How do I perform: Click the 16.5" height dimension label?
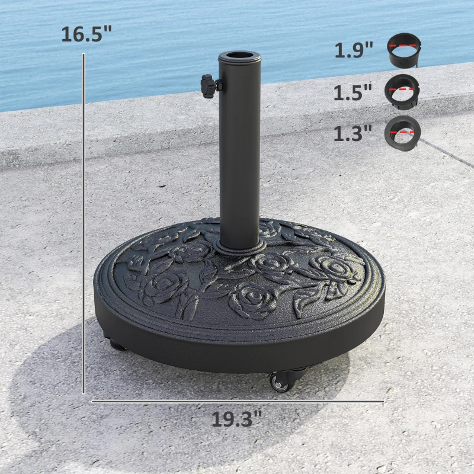click(x=86, y=34)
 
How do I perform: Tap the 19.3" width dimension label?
click(x=236, y=419)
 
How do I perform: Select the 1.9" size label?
click(x=354, y=50)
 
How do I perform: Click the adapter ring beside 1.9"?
click(x=403, y=50)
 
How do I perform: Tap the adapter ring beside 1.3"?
click(x=403, y=132)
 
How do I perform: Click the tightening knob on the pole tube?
click(x=209, y=86)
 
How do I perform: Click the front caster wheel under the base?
click(x=280, y=382)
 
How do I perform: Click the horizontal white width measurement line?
click(x=237, y=401)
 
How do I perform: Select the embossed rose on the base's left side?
click(x=158, y=284)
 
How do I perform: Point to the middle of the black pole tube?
click(x=239, y=148)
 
